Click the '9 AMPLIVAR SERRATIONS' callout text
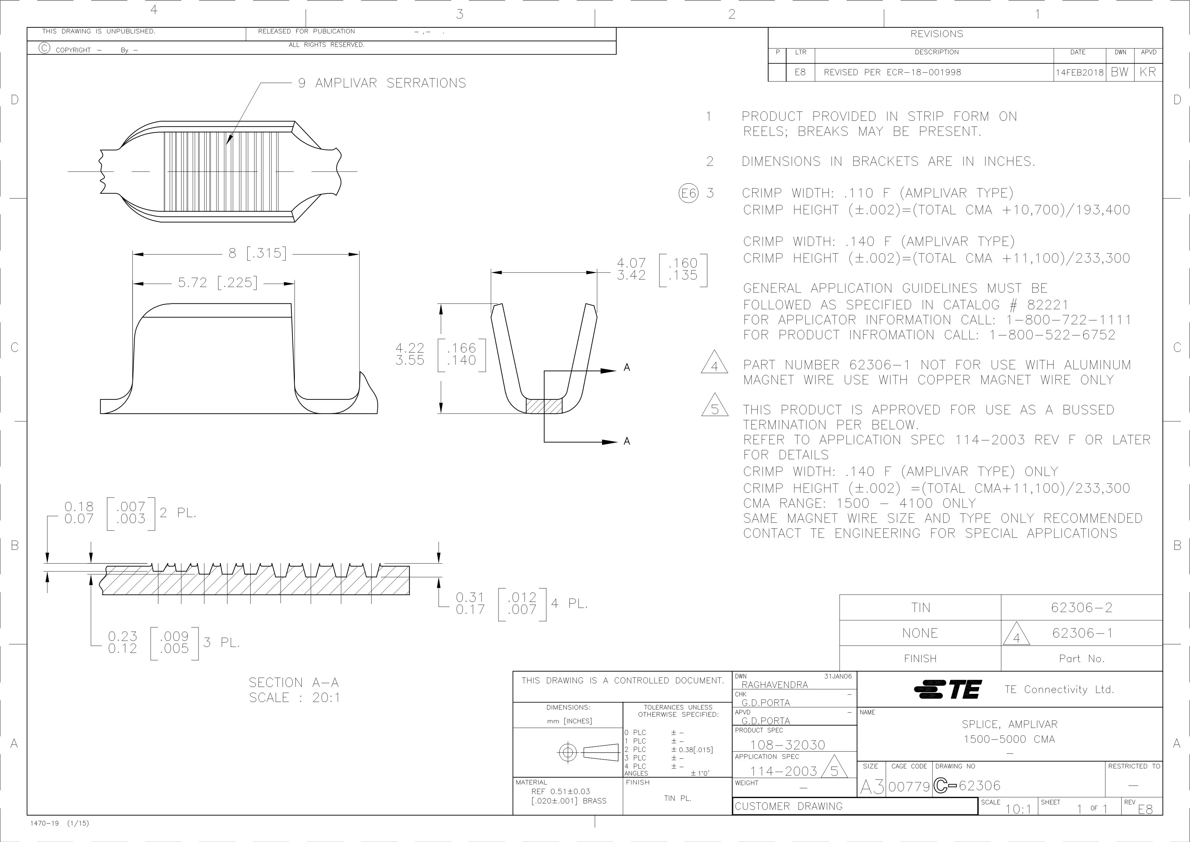(382, 83)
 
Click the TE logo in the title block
(948, 690)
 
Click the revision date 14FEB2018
(1080, 73)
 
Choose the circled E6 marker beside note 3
(689, 193)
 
